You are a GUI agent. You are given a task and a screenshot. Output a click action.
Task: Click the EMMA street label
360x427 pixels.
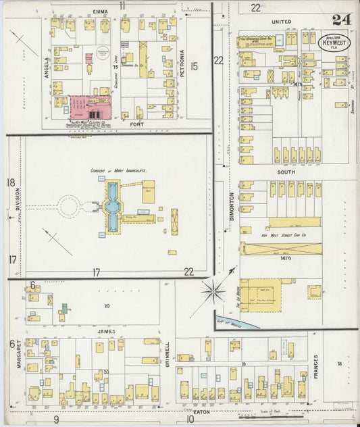coord(101,12)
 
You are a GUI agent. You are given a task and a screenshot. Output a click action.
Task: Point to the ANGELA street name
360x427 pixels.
coord(47,68)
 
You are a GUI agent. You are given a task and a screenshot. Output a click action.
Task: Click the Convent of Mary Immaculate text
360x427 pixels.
coord(118,170)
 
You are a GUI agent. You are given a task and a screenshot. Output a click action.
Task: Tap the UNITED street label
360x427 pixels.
coord(281,22)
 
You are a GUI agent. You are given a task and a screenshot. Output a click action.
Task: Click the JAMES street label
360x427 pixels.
coord(104,331)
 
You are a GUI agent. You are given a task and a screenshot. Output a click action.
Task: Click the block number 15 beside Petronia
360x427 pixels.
coord(195,66)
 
